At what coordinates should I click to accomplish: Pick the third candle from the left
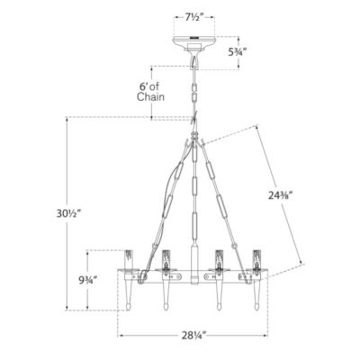(218, 257)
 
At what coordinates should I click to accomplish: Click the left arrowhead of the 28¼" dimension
(121, 335)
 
